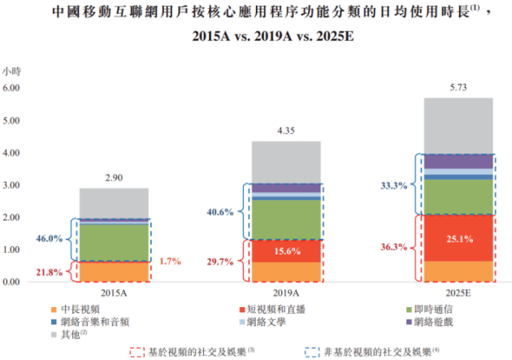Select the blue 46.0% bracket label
click(52, 239)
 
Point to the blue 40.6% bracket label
click(222, 212)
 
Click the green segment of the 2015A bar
click(114, 241)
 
